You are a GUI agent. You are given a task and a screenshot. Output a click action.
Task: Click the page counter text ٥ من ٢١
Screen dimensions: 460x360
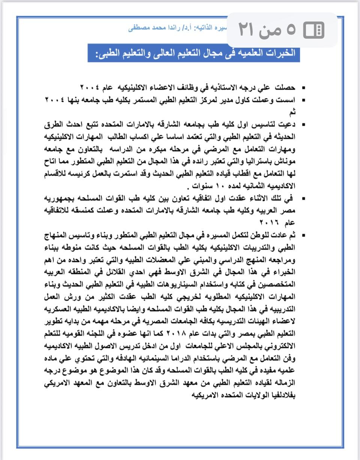[267, 30]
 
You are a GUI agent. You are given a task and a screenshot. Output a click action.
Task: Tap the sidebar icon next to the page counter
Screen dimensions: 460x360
[314, 30]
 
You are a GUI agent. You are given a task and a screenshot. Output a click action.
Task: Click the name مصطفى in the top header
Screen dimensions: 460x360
[138, 28]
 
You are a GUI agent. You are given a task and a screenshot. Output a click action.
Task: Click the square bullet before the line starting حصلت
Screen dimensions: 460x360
[303, 88]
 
